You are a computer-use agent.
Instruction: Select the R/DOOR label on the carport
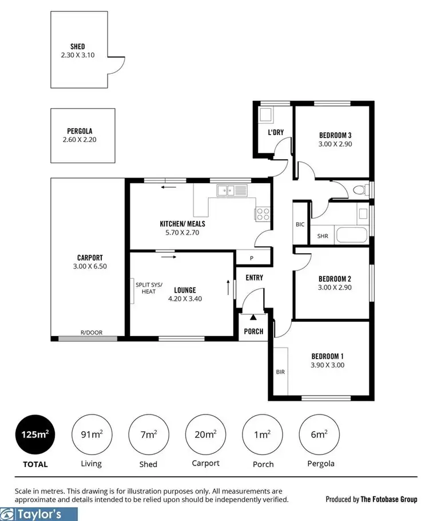[x=89, y=332]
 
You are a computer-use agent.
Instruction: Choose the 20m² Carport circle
[x=205, y=435]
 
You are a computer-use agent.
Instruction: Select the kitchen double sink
[x=232, y=190]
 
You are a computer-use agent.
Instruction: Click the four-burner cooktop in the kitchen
[x=263, y=214]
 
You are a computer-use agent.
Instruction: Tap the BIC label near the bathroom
[x=300, y=224]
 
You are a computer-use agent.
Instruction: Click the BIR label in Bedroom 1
[x=280, y=372]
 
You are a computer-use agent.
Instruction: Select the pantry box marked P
[x=251, y=259]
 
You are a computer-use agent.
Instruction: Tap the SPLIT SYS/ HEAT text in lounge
[x=149, y=288]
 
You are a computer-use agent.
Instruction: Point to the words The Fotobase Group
[x=389, y=499]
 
